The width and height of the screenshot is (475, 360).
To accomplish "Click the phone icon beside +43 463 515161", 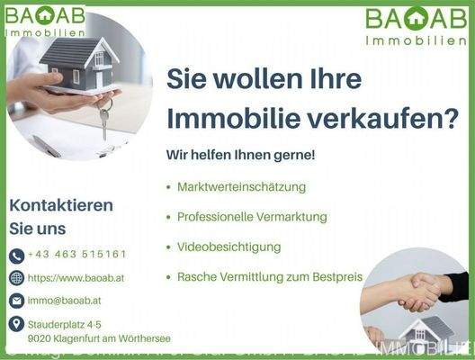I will tap(16, 256).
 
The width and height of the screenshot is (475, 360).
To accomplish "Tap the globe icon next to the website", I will tap(16, 277).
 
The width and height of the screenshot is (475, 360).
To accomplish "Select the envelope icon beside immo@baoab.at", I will tap(16, 300).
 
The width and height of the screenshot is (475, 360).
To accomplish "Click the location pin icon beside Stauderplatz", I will tap(16, 323).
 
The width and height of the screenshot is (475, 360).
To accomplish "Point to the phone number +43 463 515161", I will tap(76, 255).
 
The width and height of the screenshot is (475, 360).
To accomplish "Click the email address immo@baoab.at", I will tap(65, 300).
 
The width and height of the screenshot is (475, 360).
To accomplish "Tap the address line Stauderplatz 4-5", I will tap(65, 322).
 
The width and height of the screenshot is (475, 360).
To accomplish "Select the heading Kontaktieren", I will tap(61, 205).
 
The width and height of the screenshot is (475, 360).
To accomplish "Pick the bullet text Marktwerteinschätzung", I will tap(241, 187).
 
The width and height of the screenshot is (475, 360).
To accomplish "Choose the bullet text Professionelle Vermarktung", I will tap(252, 217).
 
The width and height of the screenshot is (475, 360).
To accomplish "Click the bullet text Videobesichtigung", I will tap(229, 247).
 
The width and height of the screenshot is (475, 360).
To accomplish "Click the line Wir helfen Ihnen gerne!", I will tap(240, 155).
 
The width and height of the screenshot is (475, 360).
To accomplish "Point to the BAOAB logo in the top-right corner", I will tap(415, 25).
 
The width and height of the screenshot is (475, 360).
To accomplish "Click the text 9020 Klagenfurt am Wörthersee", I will tap(99, 338).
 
